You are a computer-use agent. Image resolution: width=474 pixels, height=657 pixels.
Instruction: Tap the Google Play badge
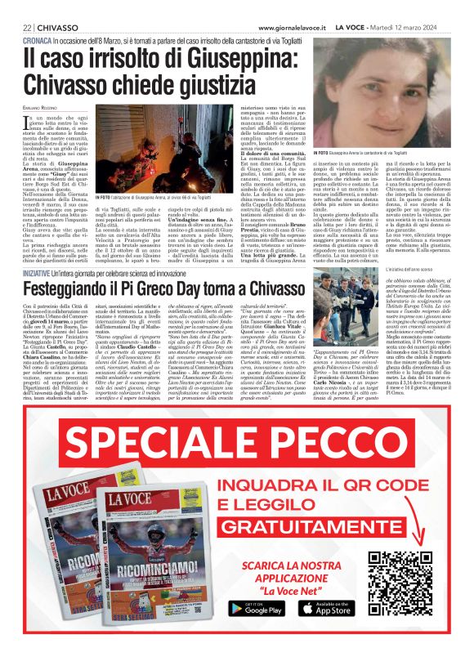(x=250, y=608)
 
